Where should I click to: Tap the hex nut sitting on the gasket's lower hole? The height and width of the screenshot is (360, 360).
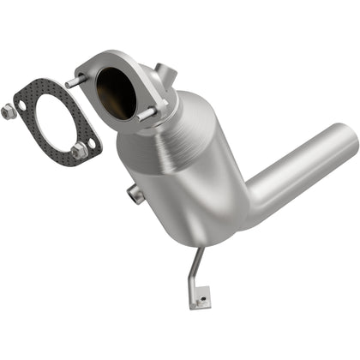coord(80,151)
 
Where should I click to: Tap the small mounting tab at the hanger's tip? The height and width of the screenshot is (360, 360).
coord(200,299)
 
